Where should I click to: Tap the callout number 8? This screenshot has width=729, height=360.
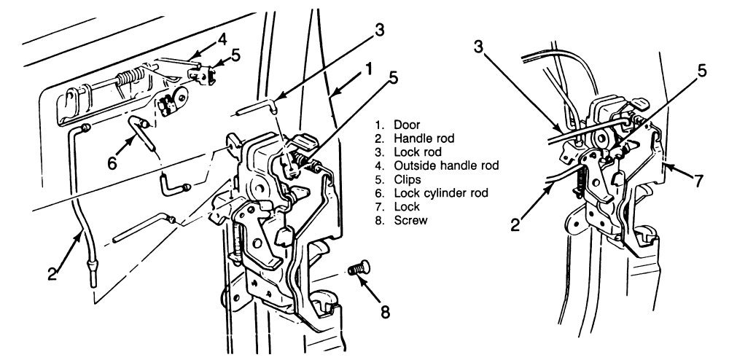385,311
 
